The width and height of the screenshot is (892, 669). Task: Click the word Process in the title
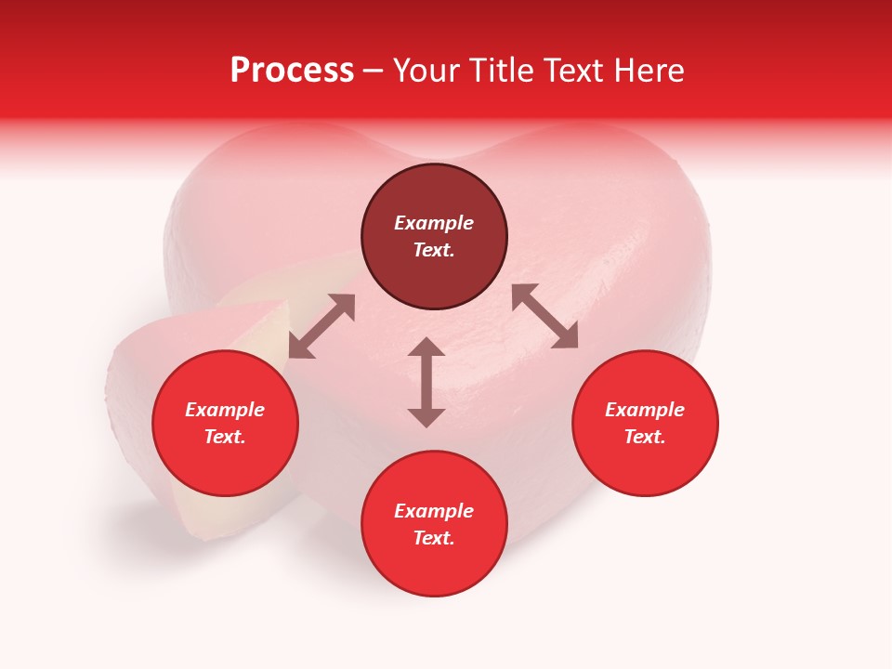point(292,71)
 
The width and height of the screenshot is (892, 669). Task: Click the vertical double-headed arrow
point(426,382)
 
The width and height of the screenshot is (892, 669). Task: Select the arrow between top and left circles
point(321,326)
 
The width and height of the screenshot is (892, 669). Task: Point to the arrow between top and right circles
point(544,316)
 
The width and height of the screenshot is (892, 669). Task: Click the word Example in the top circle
point(434,223)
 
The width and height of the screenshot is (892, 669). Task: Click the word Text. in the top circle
point(434,250)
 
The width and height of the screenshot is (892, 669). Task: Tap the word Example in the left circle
point(225,410)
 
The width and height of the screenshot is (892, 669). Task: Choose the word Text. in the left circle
point(225,437)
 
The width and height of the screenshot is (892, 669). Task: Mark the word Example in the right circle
point(645,410)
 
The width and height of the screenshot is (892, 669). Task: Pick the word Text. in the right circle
point(645,437)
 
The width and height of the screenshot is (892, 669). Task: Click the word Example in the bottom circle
point(434,511)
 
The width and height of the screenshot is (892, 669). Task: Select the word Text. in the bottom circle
point(434,538)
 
